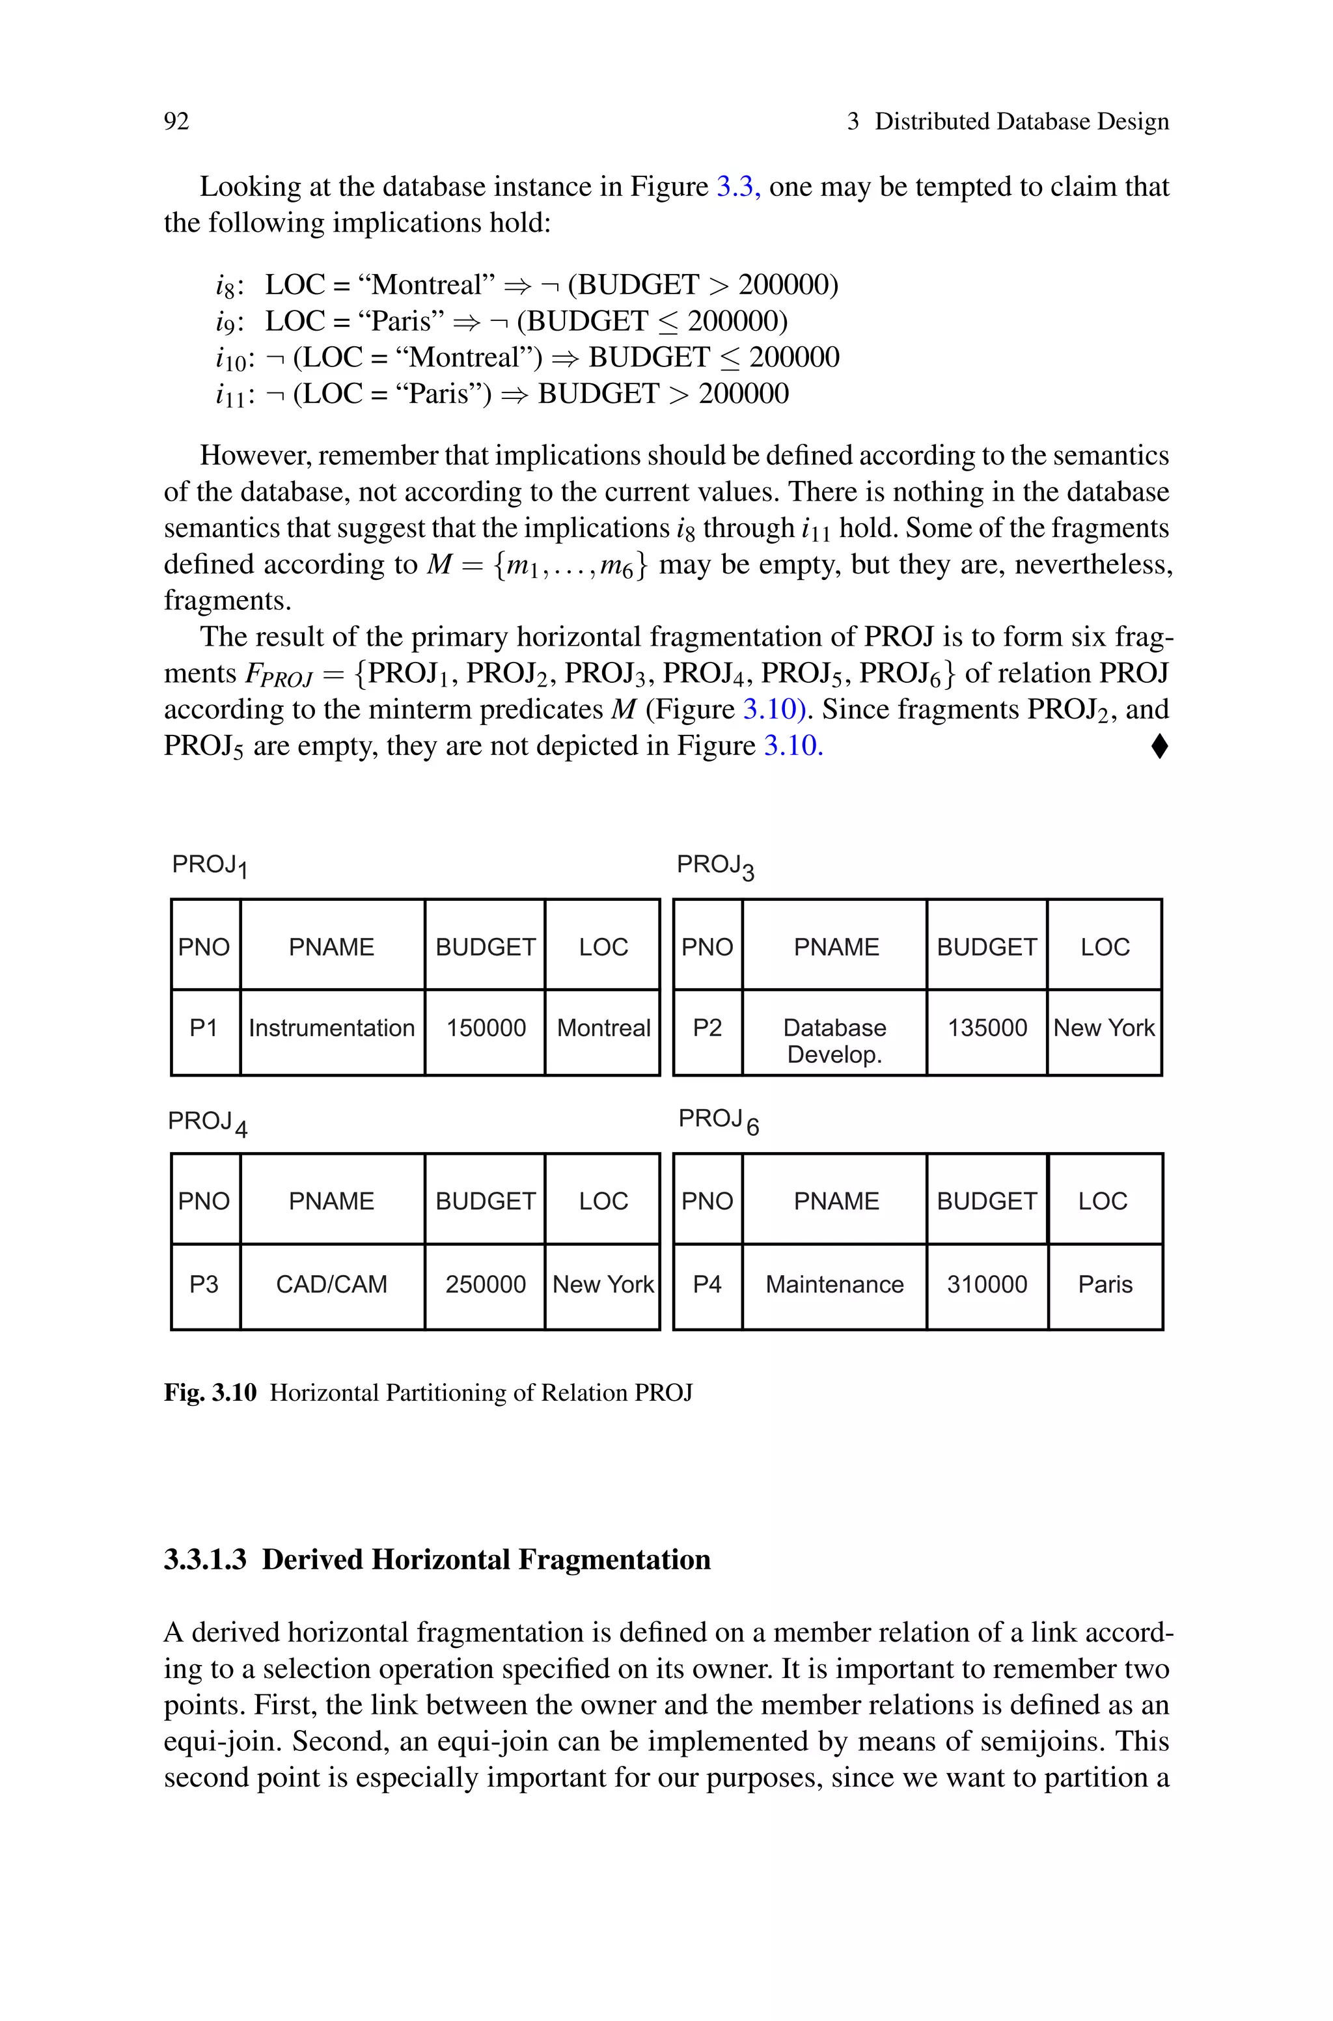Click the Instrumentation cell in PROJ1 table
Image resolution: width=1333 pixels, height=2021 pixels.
pos(331,1028)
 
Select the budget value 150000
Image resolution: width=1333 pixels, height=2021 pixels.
pos(486,1028)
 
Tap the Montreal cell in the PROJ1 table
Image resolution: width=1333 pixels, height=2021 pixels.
pos(603,1028)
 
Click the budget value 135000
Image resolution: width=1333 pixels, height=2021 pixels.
pos(986,1028)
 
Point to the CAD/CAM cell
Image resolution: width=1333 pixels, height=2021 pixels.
pos(331,1284)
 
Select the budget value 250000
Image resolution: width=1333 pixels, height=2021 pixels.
pos(486,1284)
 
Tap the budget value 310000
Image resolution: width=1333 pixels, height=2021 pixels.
pos(986,1284)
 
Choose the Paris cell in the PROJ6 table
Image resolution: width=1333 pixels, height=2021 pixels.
pos(1105,1284)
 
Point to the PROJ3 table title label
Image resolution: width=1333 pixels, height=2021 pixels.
pos(715,866)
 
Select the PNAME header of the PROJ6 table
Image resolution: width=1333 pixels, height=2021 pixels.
pos(836,1201)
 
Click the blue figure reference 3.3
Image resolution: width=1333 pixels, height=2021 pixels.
pos(737,187)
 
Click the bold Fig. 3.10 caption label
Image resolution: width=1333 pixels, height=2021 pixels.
pos(210,1393)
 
